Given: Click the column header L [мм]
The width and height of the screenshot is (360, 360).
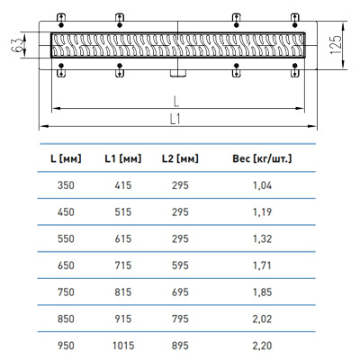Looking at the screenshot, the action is [x=66, y=158].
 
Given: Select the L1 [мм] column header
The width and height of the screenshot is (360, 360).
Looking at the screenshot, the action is [x=123, y=158].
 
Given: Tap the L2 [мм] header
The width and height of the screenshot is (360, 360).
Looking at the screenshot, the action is [x=180, y=158].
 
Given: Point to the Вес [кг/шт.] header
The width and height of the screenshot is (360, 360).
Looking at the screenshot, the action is [x=262, y=158].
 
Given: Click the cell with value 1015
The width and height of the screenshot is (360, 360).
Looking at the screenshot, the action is [x=123, y=346].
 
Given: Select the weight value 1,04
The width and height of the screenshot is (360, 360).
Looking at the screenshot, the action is [x=262, y=185].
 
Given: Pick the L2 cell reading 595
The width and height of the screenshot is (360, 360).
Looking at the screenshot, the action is [x=180, y=265].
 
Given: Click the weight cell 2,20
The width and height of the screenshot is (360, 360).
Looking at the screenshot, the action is [x=262, y=346].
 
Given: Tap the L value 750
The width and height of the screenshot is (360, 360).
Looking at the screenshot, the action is [x=66, y=292].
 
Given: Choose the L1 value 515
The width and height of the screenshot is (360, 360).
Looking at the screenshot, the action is [x=123, y=212].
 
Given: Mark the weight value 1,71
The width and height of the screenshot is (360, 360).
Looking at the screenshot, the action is [x=262, y=265].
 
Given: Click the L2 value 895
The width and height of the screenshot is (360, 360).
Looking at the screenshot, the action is [x=180, y=346].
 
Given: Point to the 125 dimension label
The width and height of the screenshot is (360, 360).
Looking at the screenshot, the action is [x=336, y=45].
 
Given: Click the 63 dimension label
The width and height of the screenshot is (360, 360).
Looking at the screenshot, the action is [x=18, y=45].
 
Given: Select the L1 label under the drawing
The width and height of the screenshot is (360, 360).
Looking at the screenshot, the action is [x=175, y=120].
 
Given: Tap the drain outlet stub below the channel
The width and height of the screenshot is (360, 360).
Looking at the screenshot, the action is [x=178, y=73].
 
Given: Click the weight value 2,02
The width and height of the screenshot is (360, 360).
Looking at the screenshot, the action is [x=262, y=319].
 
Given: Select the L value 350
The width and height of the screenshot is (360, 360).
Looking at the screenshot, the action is [x=66, y=185].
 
